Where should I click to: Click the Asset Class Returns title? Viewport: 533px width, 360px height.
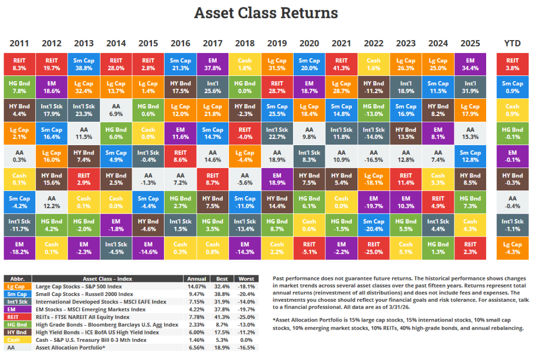point(266,13)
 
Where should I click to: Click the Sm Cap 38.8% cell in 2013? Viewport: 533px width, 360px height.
point(84,64)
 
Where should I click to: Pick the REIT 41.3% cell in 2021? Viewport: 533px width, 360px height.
point(341,64)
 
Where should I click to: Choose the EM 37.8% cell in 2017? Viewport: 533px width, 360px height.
point(212,64)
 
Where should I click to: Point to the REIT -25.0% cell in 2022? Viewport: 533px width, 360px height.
point(373,248)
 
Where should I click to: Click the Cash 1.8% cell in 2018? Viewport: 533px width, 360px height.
point(245,64)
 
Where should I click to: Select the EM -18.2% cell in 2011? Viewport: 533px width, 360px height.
point(19,248)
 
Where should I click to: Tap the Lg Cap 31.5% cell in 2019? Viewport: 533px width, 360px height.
point(277,64)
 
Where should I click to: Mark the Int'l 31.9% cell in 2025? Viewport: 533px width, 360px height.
point(470,87)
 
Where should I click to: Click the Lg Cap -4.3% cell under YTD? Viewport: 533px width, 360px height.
point(512,248)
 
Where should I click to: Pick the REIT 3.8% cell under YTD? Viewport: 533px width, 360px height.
point(512,64)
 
